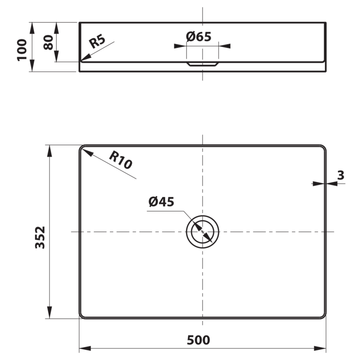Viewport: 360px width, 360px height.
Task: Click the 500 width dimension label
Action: pos(198,340)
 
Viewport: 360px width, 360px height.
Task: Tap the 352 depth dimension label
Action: pos(40,238)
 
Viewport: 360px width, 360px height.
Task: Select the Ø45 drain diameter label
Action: pos(161,202)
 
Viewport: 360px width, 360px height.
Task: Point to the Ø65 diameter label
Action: pos(199,36)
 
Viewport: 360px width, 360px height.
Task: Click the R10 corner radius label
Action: pos(120,160)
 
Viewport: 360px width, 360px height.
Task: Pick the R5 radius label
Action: pos(97,41)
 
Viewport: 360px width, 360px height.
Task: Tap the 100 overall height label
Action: pos(22,50)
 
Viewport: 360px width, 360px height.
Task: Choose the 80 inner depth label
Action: pos(48,42)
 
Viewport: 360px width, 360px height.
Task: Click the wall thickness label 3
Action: pos(341,175)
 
